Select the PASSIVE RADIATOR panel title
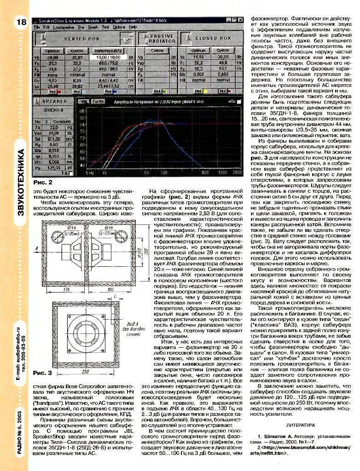point(162,38)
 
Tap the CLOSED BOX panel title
point(213,38)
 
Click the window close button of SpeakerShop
point(240,21)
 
